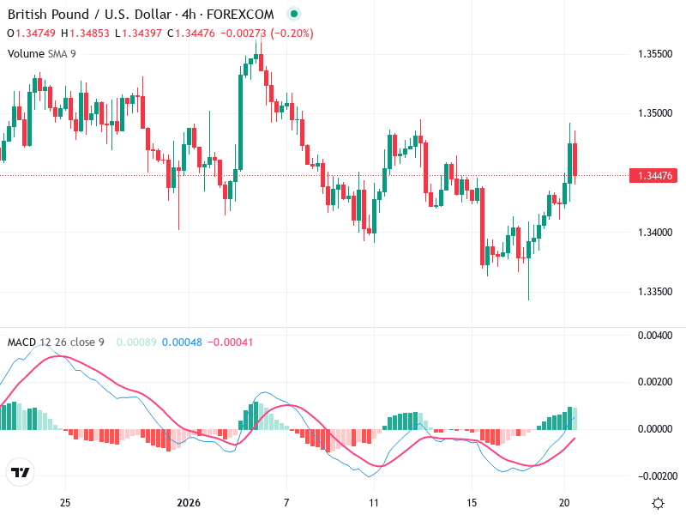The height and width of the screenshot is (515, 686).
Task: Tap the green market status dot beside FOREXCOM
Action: point(295,15)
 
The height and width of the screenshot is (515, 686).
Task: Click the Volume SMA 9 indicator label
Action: point(41,53)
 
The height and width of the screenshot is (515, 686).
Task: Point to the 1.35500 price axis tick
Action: point(654,53)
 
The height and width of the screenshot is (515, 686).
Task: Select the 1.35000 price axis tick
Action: point(654,113)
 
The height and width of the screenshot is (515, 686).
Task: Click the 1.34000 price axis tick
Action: point(654,233)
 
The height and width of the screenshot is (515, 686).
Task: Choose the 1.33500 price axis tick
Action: point(654,292)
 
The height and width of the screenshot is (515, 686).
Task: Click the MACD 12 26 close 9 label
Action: point(55,342)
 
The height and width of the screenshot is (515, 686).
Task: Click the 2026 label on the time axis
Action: point(188,503)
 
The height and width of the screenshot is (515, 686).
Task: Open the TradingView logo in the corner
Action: point(20,473)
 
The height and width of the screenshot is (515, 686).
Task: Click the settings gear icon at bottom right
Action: point(659,503)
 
